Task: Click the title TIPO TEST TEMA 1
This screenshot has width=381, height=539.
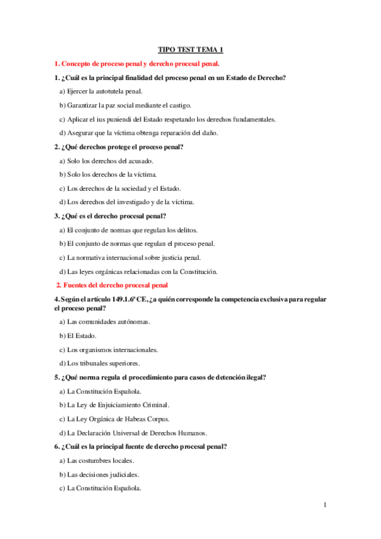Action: point(190,50)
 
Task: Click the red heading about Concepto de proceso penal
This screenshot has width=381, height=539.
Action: point(137,64)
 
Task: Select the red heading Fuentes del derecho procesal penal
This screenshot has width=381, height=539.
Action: point(113,285)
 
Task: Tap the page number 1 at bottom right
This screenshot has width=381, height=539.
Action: point(325,505)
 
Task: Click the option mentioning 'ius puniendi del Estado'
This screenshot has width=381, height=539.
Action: point(167,119)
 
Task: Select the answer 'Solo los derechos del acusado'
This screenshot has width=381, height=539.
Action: point(106,161)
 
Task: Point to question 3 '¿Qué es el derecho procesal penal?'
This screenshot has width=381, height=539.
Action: point(111,216)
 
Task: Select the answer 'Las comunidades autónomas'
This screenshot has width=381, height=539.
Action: point(105,322)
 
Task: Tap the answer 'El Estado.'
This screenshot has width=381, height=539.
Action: point(78,336)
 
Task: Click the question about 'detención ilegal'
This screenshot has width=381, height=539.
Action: point(160,377)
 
